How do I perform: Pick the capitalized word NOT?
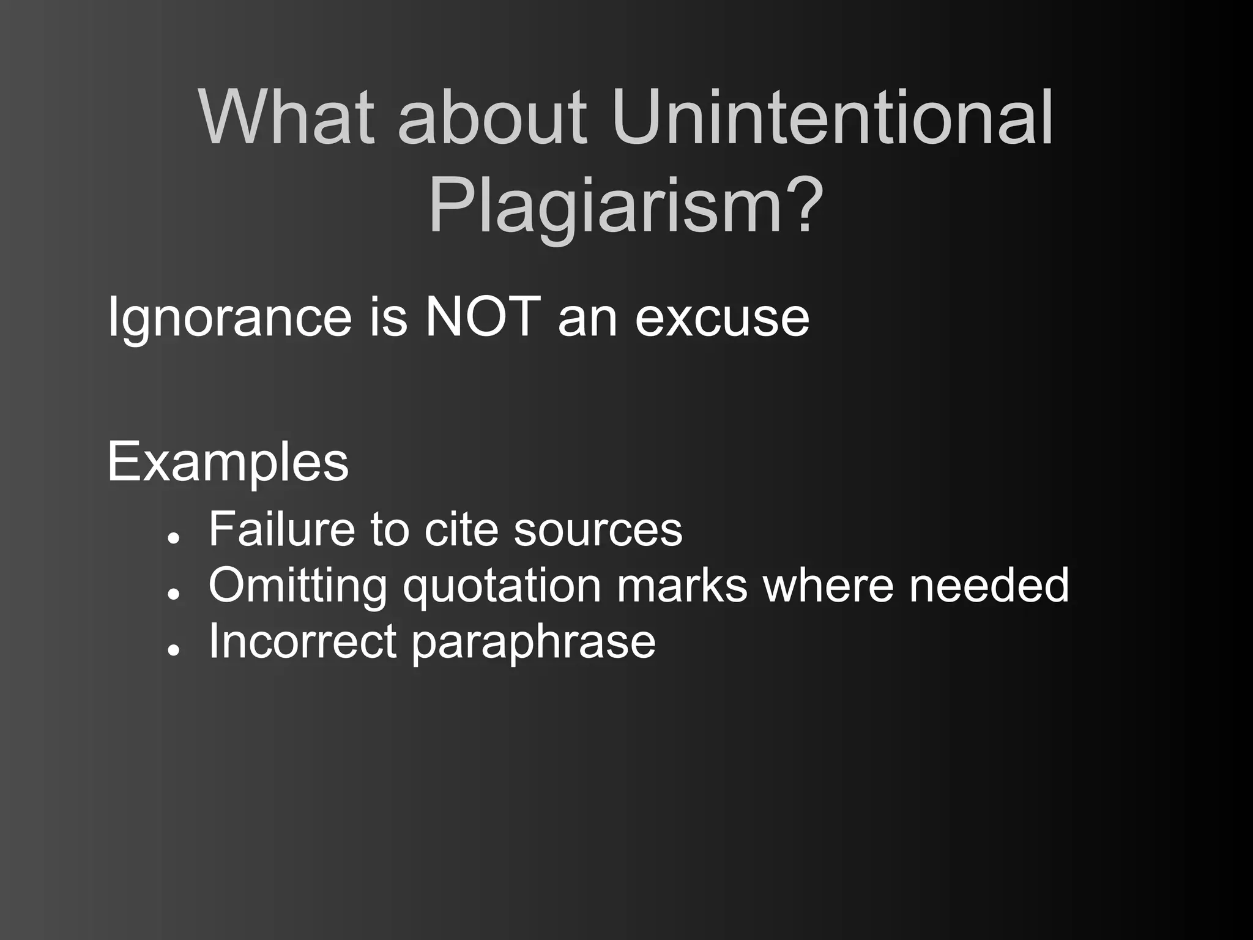(483, 317)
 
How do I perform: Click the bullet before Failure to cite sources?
(175, 538)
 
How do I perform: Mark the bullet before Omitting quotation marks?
(175, 594)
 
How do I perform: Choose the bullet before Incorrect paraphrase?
(175, 651)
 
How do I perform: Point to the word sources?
(598, 529)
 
